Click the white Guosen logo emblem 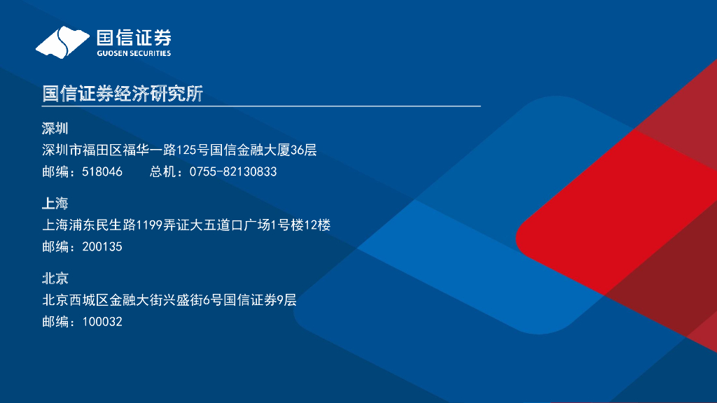click(x=62, y=42)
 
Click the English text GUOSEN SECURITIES click(x=133, y=53)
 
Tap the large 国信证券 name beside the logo click(x=133, y=37)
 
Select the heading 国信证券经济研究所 click(x=123, y=94)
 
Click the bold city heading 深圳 click(x=55, y=129)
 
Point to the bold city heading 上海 click(x=55, y=204)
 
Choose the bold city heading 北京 click(x=55, y=278)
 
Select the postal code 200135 click(x=102, y=247)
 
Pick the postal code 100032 click(x=102, y=322)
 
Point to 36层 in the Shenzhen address click(x=304, y=150)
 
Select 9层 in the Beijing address click(x=287, y=301)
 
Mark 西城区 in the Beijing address click(x=90, y=301)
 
